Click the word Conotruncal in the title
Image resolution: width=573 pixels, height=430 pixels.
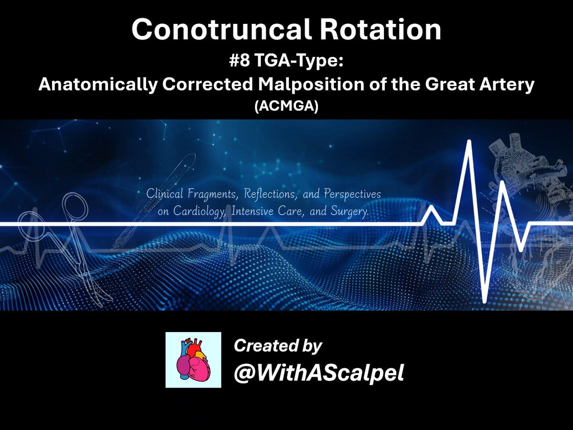pos(222,29)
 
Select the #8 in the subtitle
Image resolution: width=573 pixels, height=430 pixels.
pos(239,61)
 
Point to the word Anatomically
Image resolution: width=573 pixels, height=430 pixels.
pos(98,85)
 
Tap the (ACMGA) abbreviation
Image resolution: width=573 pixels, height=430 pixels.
pos(286,106)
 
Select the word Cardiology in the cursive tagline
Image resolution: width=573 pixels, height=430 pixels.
pos(200,211)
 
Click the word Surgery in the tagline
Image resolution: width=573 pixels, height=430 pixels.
pos(350,211)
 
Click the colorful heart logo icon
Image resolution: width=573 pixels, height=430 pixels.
pos(193,360)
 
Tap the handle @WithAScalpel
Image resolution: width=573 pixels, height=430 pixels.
pos(319,373)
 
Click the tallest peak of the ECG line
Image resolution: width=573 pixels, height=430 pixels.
pos(469,141)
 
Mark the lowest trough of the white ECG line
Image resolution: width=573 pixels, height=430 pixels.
pos(485,301)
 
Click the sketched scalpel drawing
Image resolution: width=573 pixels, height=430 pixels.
pos(154,201)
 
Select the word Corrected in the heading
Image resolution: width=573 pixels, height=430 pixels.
pos(208,84)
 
